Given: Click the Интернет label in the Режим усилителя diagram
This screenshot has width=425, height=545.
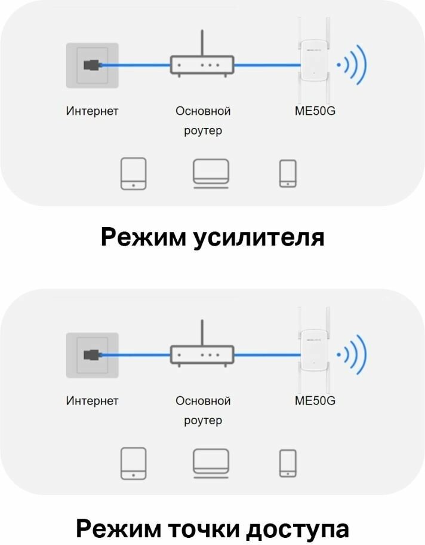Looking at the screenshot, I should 92,111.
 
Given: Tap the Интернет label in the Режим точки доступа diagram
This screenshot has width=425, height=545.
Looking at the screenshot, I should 92,401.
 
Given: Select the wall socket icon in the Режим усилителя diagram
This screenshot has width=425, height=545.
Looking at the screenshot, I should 92,65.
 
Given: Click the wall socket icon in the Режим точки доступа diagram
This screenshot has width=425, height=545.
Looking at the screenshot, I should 92,354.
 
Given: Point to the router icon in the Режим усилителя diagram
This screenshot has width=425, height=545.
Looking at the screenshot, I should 202,63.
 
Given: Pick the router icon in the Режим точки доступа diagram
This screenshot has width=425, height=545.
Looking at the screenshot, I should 202,354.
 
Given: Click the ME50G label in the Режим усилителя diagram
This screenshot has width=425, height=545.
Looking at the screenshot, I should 315,111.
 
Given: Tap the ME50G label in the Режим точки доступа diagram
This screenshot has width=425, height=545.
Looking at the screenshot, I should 315,401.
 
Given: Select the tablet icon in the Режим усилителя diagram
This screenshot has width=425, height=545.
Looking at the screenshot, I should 133,173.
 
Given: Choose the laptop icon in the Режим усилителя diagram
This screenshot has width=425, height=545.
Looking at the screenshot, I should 211,173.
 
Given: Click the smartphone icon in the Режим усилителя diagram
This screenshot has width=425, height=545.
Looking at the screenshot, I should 288,173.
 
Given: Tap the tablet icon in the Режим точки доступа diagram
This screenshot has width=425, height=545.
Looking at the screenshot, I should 133,464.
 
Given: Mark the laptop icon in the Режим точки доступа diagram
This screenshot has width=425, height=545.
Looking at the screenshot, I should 211,463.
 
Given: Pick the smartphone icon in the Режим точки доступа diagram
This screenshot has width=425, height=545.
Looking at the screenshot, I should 288,464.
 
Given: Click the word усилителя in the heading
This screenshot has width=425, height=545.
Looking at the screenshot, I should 259,237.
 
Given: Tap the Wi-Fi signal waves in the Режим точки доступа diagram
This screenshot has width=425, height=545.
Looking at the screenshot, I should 353,354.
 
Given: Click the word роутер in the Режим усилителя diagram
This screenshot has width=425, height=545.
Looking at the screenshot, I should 202,131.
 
